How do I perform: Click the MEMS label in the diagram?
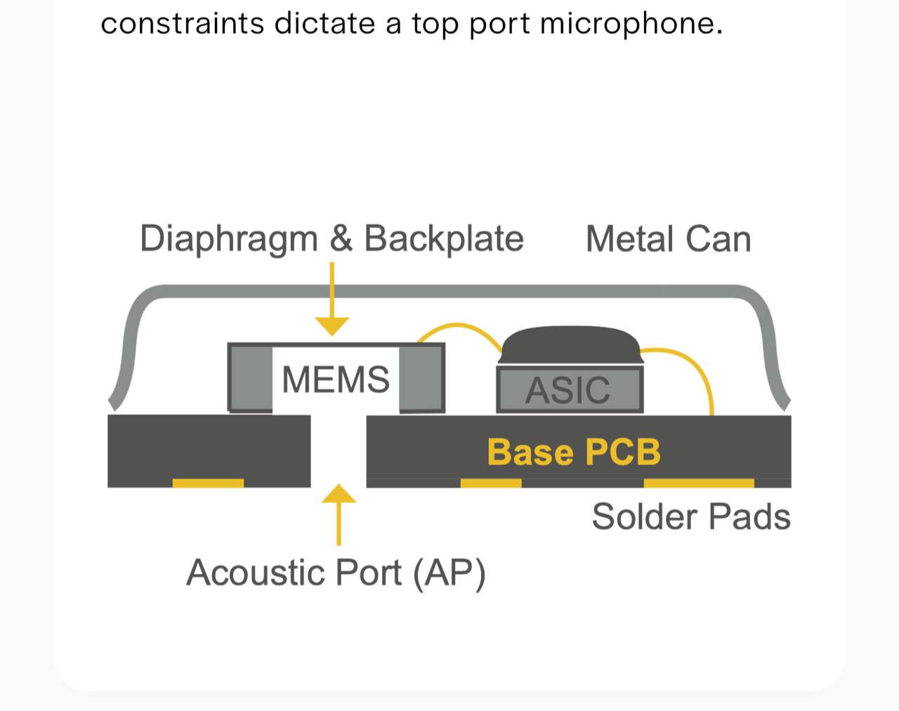pyautogui.click(x=336, y=379)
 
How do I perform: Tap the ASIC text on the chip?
pyautogui.click(x=567, y=390)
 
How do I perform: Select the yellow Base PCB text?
pyautogui.click(x=574, y=452)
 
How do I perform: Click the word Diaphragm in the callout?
pyautogui.click(x=229, y=240)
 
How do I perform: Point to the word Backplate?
pyautogui.click(x=444, y=238)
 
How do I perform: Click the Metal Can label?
pyautogui.click(x=669, y=239)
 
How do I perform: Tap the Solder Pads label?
pyautogui.click(x=691, y=516)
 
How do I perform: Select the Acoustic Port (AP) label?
pyautogui.click(x=336, y=573)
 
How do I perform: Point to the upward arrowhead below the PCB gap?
pyautogui.click(x=339, y=493)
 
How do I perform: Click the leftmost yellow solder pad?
pyautogui.click(x=208, y=483)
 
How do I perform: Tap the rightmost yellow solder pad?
pyautogui.click(x=699, y=483)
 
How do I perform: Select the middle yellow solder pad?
pyautogui.click(x=491, y=483)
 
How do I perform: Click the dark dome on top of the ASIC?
pyautogui.click(x=570, y=345)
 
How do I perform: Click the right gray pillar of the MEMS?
pyautogui.click(x=421, y=379)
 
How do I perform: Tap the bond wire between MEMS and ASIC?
pyautogui.click(x=459, y=325)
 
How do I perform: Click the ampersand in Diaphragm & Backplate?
pyautogui.click(x=341, y=238)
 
